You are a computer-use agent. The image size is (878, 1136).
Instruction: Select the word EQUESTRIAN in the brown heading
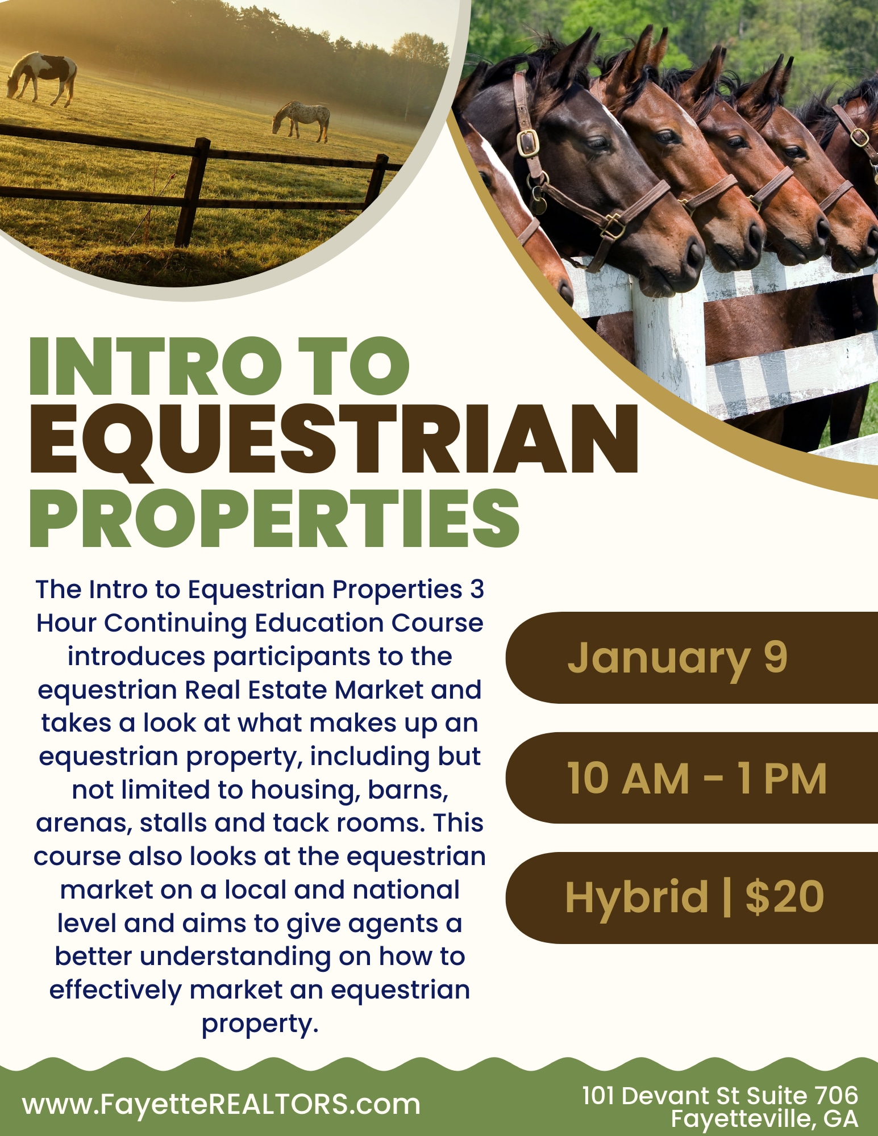pyautogui.click(x=334, y=439)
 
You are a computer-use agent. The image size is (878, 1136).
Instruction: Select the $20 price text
pyautogui.click(x=785, y=897)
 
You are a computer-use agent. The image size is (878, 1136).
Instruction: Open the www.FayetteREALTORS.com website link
pyautogui.click(x=222, y=1105)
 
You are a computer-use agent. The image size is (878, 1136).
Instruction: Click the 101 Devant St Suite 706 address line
pyautogui.click(x=720, y=1095)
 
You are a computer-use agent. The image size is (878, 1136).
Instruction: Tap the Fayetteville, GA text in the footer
pyautogui.click(x=764, y=1118)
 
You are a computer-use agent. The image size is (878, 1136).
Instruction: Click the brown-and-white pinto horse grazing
pyautogui.click(x=42, y=78)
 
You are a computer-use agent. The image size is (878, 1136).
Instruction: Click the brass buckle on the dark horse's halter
pyautogui.click(x=527, y=142)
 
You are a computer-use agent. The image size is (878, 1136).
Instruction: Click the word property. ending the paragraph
pyautogui.click(x=260, y=1024)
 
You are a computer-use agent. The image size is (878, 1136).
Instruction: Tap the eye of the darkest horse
pyautogui.click(x=597, y=142)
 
